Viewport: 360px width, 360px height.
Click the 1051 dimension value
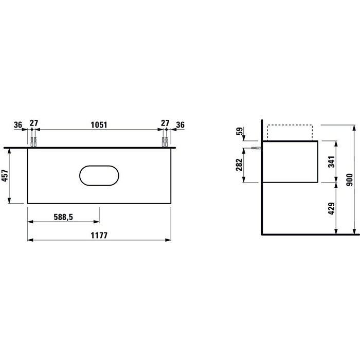(99, 125)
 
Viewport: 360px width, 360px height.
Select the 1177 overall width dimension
(99, 236)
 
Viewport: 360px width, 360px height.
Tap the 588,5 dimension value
(63, 217)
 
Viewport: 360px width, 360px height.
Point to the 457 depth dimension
(5, 176)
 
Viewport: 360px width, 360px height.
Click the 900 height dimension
(349, 180)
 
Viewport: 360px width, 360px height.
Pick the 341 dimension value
(331, 161)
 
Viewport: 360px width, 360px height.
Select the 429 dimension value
(331, 208)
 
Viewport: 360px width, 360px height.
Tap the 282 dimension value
(239, 165)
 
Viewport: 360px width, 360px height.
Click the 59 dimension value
(239, 131)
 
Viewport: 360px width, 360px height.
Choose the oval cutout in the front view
(99, 166)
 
